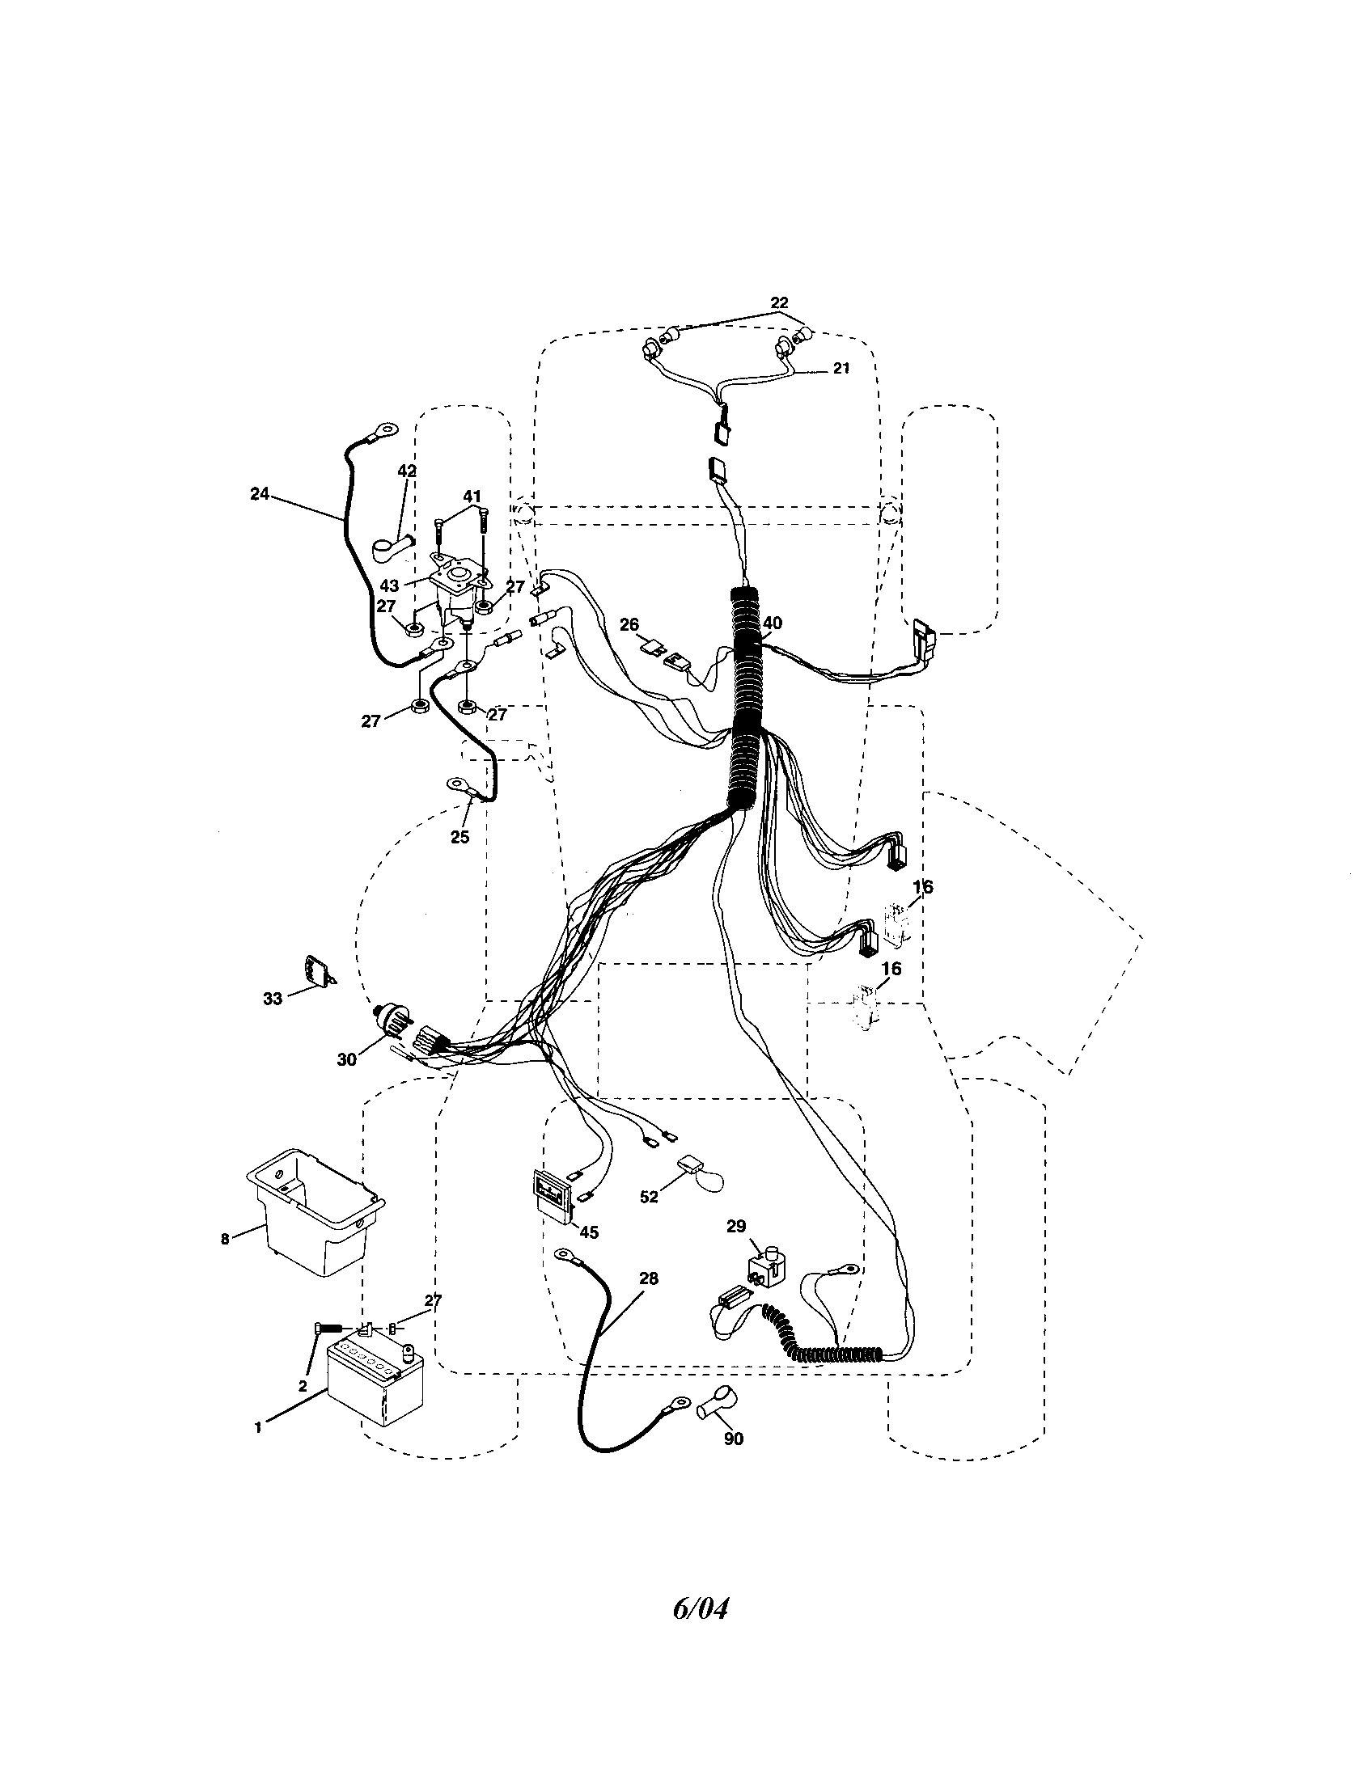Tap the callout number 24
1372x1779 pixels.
pyautogui.click(x=260, y=492)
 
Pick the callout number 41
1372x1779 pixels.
pyautogui.click(x=472, y=495)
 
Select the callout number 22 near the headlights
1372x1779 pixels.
pyautogui.click(x=780, y=302)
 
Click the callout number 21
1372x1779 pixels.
pyautogui.click(x=840, y=368)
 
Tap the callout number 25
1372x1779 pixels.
pyautogui.click(x=459, y=837)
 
